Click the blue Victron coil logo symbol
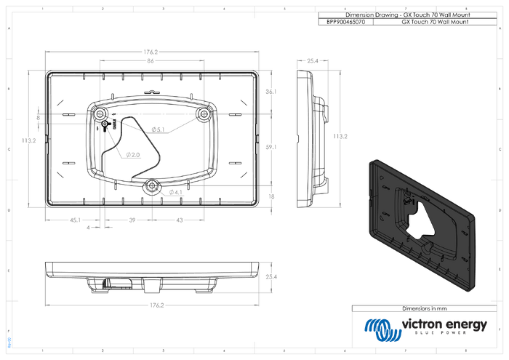[x=382, y=329]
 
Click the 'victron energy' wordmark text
[x=445, y=325]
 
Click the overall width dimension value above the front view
[x=151, y=50]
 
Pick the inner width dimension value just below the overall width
[x=151, y=61]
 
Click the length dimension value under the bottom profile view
[x=153, y=305]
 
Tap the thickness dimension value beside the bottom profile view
[x=271, y=276]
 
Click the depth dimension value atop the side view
[x=313, y=60]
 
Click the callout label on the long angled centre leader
[x=158, y=129]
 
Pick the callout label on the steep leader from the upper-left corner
[x=133, y=155]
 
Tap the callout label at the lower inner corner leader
[x=177, y=192]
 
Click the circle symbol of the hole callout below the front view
[x=88, y=227]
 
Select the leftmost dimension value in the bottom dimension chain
[x=74, y=219]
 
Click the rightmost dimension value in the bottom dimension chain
[x=180, y=219]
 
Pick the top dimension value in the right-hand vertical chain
[x=270, y=92]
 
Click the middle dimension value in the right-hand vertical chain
[x=270, y=147]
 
